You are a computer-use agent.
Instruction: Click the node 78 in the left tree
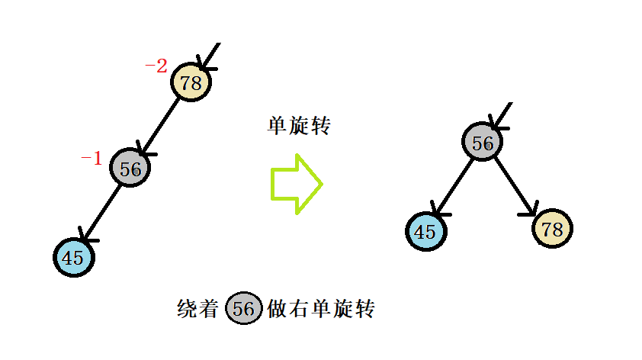(x=191, y=82)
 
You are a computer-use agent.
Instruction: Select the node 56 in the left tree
(x=130, y=169)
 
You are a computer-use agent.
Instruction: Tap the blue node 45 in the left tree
(x=73, y=257)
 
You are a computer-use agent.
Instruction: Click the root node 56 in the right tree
(x=482, y=142)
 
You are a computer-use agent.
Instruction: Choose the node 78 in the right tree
(x=553, y=228)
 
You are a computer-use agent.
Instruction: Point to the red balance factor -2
(x=156, y=66)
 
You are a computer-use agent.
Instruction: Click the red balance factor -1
(x=91, y=159)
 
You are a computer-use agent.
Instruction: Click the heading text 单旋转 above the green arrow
(x=298, y=126)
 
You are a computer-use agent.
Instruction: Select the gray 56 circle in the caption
(x=244, y=309)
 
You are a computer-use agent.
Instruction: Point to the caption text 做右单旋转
(x=321, y=309)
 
